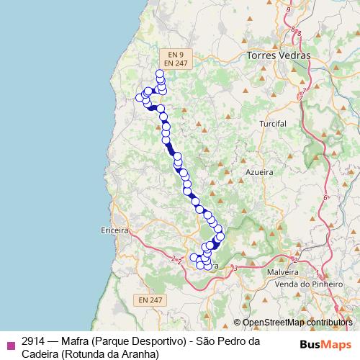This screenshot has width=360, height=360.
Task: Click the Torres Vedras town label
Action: pos(278,55)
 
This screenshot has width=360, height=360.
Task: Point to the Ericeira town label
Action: pos(115,231)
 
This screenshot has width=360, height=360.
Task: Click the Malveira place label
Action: pos(283,273)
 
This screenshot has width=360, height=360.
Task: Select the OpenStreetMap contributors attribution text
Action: pos(296,323)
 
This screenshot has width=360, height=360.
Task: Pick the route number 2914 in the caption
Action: pos(35,341)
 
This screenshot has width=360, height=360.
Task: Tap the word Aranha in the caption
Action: pos(137,354)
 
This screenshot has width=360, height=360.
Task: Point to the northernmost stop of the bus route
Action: pos(160,73)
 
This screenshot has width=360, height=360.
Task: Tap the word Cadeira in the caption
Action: pos(39,354)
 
